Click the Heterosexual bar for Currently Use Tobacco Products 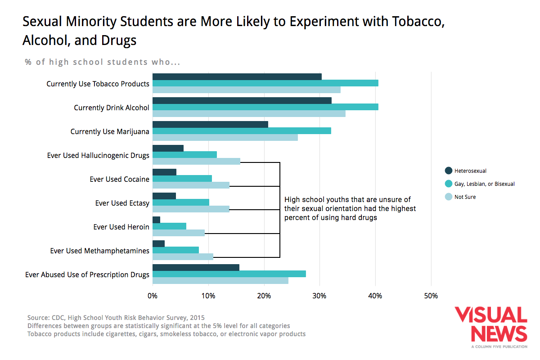237,76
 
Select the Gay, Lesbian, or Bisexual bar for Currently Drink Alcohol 265,107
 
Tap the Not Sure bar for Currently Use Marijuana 225,137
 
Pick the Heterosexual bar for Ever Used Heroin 157,220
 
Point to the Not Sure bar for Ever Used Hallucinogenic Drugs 196,161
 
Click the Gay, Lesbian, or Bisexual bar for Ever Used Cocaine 182,179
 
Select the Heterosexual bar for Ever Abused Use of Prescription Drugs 196,267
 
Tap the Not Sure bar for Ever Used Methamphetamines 183,256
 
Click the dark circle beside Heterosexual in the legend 448,171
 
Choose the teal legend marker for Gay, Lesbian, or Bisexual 448,184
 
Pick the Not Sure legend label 465,197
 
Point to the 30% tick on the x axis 319,296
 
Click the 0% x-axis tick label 153,296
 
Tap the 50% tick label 431,296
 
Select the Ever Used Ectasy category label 122,203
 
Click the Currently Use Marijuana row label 110,131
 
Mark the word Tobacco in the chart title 417,22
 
